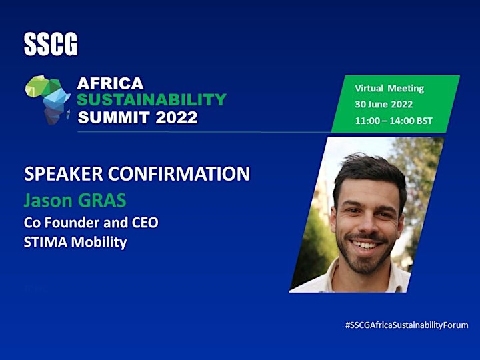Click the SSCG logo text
pyautogui.click(x=51, y=45)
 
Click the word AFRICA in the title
pyautogui.click(x=110, y=83)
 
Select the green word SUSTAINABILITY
pyautogui.click(x=151, y=100)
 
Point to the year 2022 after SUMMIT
pyautogui.click(x=177, y=117)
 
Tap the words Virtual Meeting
pyautogui.click(x=389, y=89)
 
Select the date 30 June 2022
pyautogui.click(x=384, y=105)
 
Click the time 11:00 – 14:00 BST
pyautogui.click(x=394, y=121)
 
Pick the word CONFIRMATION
pyautogui.click(x=179, y=174)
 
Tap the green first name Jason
pyautogui.click(x=48, y=201)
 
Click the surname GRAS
pyautogui.click(x=102, y=201)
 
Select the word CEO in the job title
pyautogui.click(x=145, y=223)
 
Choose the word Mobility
pyautogui.click(x=99, y=243)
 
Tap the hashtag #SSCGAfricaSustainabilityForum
pyautogui.click(x=407, y=325)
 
